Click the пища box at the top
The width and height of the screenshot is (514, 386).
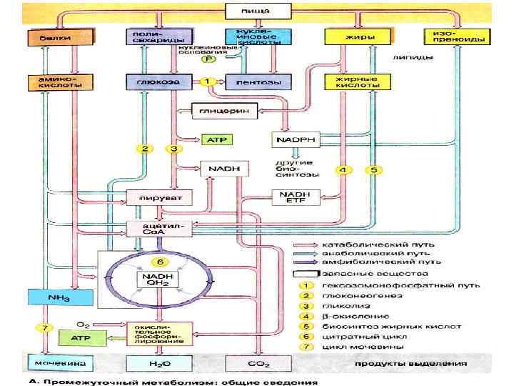[x=258, y=11]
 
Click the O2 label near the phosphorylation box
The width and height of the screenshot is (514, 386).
[x=83, y=324]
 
